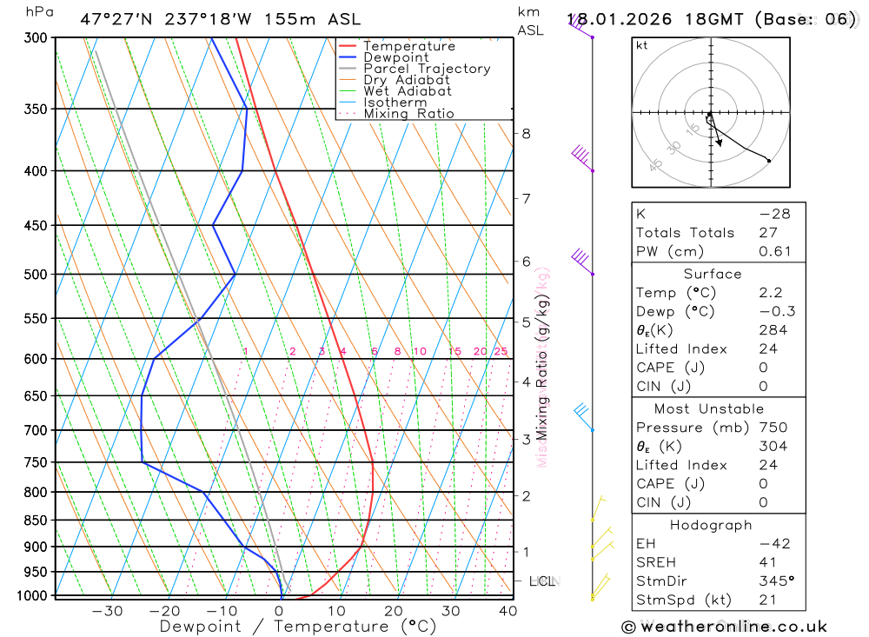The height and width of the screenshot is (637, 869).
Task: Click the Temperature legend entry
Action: click(408, 46)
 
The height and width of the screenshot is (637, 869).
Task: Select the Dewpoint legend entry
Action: click(395, 57)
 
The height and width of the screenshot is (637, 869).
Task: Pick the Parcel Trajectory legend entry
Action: click(427, 69)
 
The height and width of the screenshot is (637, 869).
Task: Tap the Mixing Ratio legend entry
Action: click(408, 114)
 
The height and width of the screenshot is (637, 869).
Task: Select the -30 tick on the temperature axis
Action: click(107, 611)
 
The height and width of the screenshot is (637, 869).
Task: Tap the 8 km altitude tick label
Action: click(526, 134)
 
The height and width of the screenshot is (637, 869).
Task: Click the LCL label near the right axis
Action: click(542, 581)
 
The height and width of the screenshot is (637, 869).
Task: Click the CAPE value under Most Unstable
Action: click(763, 484)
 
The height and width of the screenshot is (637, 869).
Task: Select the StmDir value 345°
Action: click(775, 581)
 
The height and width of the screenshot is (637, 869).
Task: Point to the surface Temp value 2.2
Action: click(769, 293)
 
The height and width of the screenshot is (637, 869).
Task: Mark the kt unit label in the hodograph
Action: click(642, 45)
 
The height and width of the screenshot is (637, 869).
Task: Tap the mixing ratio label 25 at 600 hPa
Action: click(501, 352)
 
